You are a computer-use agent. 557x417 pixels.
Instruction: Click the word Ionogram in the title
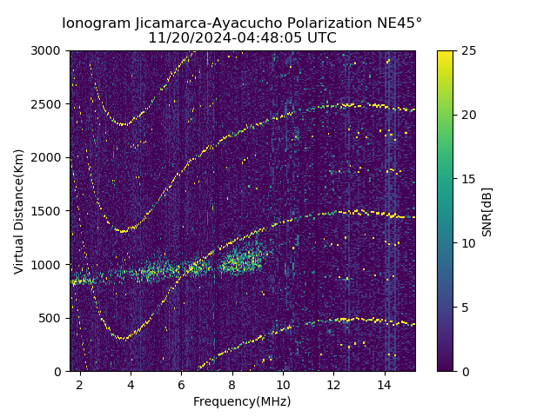[97, 23]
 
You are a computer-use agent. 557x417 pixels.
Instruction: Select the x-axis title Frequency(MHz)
[242, 401]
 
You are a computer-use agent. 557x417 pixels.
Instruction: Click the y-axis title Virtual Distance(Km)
[19, 211]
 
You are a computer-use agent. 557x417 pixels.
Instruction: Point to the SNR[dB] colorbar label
[487, 211]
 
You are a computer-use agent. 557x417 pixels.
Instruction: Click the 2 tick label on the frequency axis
[79, 384]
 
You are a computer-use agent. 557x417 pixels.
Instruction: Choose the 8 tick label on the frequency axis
[232, 384]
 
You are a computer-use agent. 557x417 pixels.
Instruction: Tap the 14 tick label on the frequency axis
[385, 384]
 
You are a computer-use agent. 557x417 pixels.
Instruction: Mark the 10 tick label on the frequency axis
[283, 384]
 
